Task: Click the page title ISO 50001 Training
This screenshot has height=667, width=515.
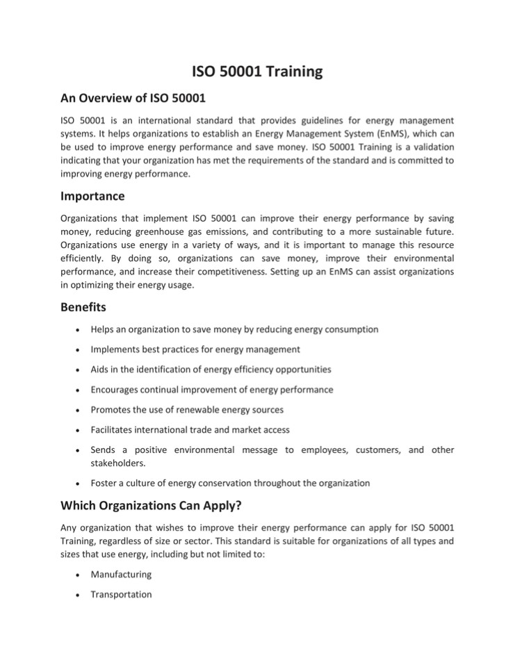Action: [x=257, y=71]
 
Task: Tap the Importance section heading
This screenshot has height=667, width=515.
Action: [x=92, y=196]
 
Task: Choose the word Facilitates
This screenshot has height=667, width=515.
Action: [x=115, y=430]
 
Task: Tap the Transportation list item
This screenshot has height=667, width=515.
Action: [x=122, y=595]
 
